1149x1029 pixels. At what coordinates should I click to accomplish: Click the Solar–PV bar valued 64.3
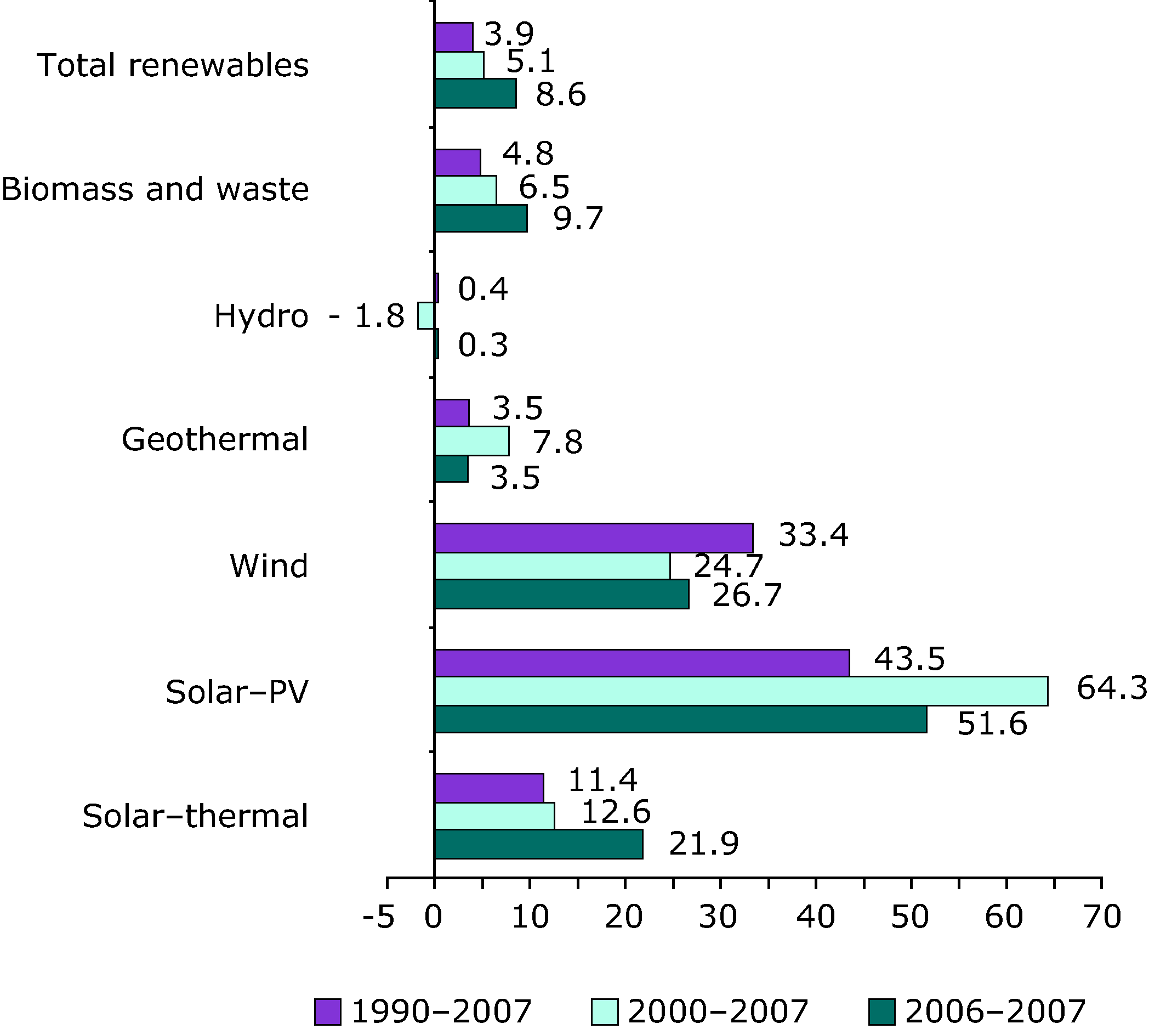(x=741, y=691)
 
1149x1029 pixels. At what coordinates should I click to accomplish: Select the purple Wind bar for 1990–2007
(x=594, y=538)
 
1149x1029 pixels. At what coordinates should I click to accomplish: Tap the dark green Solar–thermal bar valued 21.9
(x=539, y=844)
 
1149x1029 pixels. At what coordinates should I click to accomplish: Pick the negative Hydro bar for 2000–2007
(x=425, y=315)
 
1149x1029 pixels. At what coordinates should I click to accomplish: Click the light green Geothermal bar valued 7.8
(x=471, y=441)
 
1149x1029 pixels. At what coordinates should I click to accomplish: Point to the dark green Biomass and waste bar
(x=480, y=218)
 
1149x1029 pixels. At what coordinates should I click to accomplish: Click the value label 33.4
(x=813, y=534)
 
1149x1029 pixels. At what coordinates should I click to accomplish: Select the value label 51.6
(x=991, y=723)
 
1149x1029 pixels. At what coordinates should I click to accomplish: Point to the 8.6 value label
(x=561, y=94)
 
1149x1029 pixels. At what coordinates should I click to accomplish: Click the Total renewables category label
(x=173, y=65)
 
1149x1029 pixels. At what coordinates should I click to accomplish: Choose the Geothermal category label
(x=215, y=439)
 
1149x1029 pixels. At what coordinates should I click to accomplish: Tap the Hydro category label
(x=261, y=315)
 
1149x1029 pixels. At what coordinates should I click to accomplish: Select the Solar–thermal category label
(x=195, y=816)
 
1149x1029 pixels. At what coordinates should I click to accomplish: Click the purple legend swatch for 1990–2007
(x=328, y=1011)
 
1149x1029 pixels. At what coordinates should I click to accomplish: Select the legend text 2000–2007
(x=718, y=1011)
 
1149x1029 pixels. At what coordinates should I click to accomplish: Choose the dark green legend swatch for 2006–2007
(x=881, y=1011)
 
